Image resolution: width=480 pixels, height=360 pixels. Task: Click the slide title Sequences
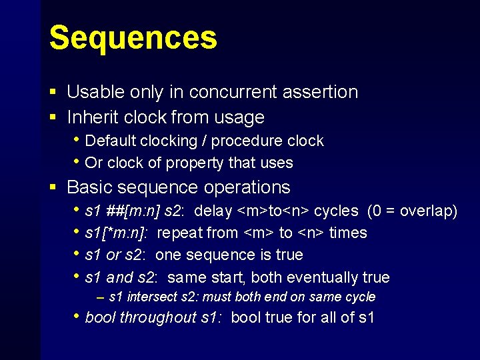tap(133, 38)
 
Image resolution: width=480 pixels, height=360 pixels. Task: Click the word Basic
tap(89, 187)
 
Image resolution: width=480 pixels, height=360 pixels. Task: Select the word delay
tap(213, 211)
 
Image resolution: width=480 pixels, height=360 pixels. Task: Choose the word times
tap(348, 233)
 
